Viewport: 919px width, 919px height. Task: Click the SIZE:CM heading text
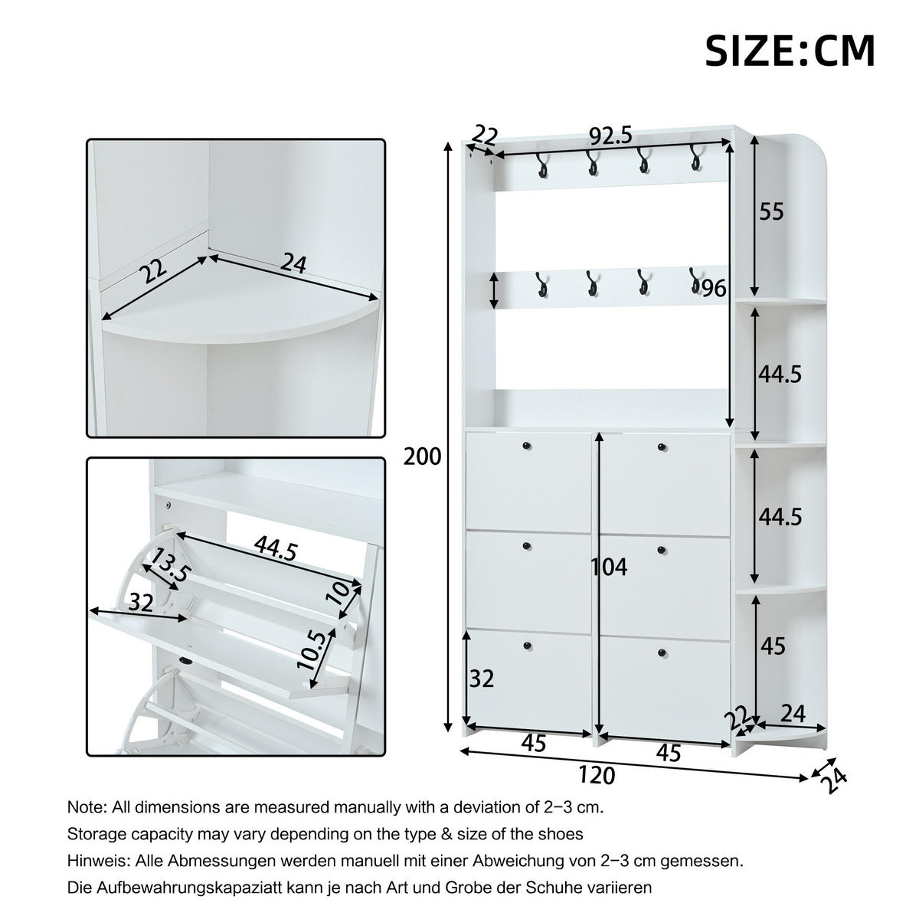[789, 51]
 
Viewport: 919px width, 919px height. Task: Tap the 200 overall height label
[423, 456]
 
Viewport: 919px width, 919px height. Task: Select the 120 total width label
[597, 775]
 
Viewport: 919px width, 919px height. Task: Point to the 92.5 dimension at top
[610, 136]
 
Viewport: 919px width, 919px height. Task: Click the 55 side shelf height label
[771, 211]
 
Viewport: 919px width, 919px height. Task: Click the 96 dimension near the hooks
[713, 288]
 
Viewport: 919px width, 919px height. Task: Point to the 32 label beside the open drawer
[141, 603]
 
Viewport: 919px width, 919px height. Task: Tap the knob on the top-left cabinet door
[526, 446]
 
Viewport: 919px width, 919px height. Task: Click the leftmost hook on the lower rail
[542, 285]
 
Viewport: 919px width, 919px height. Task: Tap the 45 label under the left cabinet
[533, 743]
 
